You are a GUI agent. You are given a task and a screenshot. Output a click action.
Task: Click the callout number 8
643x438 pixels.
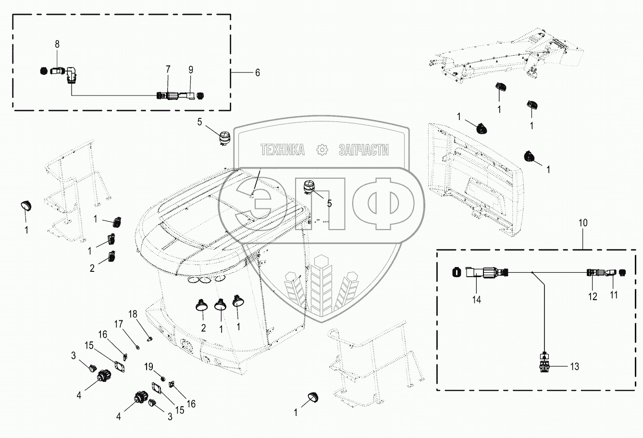click(x=57, y=44)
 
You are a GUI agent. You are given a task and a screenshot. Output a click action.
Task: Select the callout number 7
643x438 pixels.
click(x=168, y=69)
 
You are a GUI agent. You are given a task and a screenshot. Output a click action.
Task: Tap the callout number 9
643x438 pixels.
click(x=191, y=70)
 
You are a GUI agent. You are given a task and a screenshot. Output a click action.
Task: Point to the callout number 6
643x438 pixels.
click(x=258, y=73)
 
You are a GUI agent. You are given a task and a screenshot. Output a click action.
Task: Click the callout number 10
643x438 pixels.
click(x=583, y=222)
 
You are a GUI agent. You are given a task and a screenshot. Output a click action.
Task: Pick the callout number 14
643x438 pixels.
click(x=477, y=300)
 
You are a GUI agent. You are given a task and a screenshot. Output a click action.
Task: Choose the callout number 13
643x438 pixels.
click(x=574, y=366)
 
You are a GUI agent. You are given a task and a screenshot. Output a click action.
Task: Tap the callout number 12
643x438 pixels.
click(x=593, y=296)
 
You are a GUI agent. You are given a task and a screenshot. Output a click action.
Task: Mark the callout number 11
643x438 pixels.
click(x=613, y=294)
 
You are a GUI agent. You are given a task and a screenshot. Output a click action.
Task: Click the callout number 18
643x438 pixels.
click(x=133, y=314)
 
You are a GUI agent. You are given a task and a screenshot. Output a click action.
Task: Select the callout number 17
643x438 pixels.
click(x=119, y=324)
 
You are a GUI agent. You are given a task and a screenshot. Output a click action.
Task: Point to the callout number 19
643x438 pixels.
click(x=148, y=366)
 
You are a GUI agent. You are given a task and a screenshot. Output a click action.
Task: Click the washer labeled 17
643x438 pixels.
click(x=138, y=348)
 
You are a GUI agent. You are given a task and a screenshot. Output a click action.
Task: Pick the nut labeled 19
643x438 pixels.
click(x=162, y=378)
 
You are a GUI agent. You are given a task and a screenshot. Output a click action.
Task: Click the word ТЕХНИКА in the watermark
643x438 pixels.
click(x=283, y=150)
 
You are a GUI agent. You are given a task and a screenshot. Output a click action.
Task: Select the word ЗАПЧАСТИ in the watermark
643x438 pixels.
click(x=364, y=150)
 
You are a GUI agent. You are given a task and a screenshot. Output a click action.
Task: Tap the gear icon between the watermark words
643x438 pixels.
click(x=322, y=150)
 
